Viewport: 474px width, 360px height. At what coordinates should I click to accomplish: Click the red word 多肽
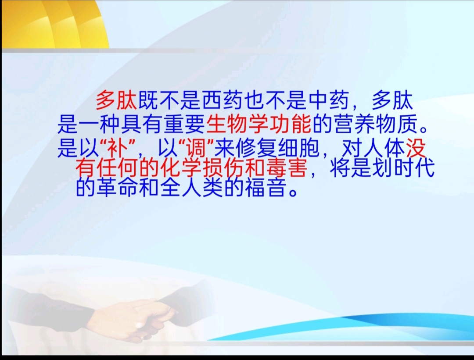pyautogui.click(x=116, y=100)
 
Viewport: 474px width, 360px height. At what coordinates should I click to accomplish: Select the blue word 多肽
pyautogui.click(x=392, y=100)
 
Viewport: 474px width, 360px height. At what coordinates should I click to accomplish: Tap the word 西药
pyautogui.click(x=222, y=100)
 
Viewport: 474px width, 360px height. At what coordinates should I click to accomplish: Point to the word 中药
pyautogui.click(x=329, y=100)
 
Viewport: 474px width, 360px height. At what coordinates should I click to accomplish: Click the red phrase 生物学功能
pyautogui.click(x=259, y=124)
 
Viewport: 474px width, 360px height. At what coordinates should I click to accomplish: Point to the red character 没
pyautogui.click(x=416, y=148)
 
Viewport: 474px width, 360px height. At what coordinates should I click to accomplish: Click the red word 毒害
pyautogui.click(x=286, y=168)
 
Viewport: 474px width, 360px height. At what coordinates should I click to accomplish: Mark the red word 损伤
pyautogui.click(x=223, y=168)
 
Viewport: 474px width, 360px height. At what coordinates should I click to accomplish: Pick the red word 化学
pyautogui.click(x=181, y=168)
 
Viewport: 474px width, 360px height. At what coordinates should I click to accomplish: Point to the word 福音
pyautogui.click(x=266, y=187)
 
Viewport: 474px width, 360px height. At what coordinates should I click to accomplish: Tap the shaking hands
pyautogui.click(x=142, y=317)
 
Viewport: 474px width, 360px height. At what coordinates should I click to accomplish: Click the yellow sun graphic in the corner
pyautogui.click(x=54, y=24)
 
